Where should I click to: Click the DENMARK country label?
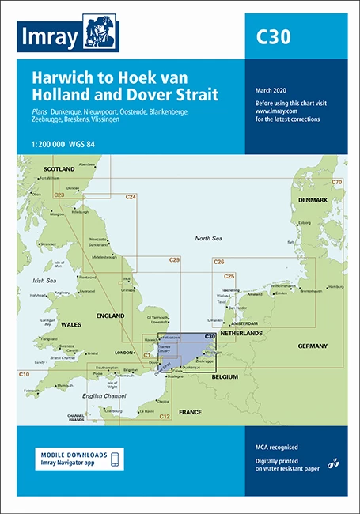tap(313, 200)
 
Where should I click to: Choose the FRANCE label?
tap(190, 412)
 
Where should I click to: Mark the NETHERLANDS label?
tap(242, 334)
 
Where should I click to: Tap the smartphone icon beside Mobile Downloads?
tap(116, 459)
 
